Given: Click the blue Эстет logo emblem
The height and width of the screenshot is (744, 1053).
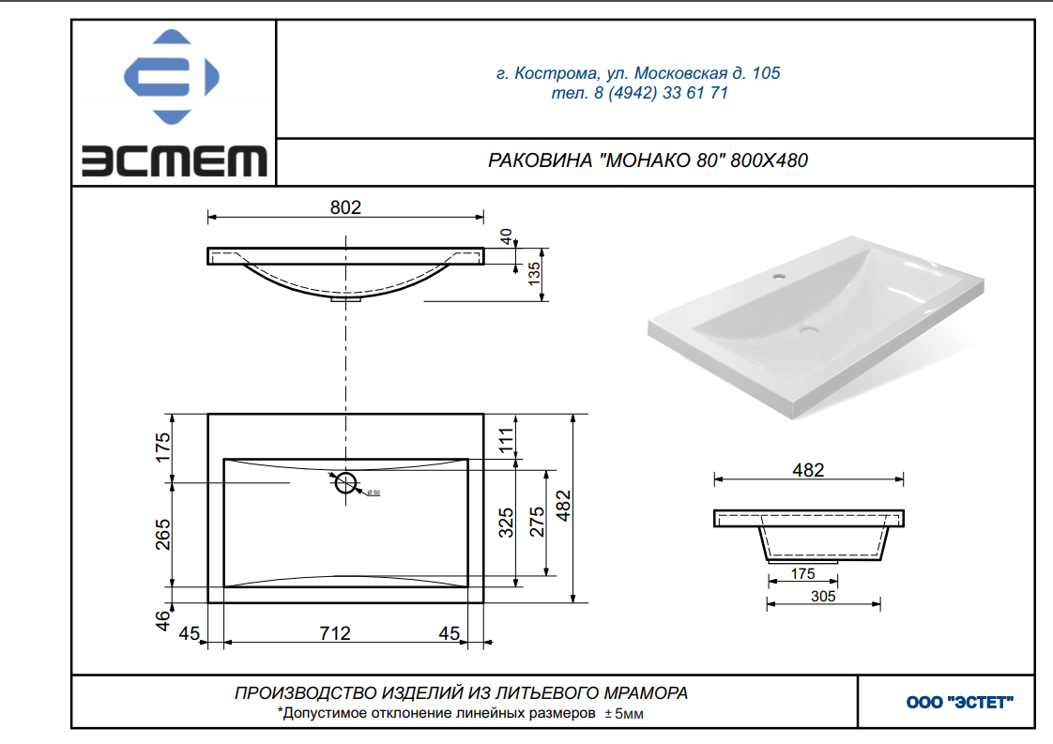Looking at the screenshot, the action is [x=171, y=77].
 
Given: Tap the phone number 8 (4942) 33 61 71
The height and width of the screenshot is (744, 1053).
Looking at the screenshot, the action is [x=661, y=93].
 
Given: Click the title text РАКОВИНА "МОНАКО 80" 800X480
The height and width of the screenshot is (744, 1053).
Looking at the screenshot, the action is [x=648, y=160].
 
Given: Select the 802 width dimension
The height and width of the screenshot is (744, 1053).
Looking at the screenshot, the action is [x=345, y=207].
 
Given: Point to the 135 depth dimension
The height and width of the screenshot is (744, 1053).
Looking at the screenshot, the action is [x=534, y=273].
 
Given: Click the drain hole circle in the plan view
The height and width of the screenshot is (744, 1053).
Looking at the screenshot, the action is [x=346, y=482].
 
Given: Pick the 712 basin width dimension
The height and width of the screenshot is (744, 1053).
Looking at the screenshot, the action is [x=334, y=633].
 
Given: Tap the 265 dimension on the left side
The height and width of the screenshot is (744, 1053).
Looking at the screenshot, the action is [x=162, y=535].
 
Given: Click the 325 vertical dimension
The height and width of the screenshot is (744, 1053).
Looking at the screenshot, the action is [x=506, y=523].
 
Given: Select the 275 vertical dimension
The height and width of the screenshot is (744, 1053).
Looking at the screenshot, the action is [x=537, y=523].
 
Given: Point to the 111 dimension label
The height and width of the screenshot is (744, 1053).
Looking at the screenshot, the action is [x=506, y=440].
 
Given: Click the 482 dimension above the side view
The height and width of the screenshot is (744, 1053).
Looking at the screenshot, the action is [x=808, y=470].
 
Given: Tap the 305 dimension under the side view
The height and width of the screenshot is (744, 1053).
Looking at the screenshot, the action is [x=823, y=597].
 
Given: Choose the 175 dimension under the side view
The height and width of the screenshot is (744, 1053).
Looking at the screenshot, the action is [x=802, y=574].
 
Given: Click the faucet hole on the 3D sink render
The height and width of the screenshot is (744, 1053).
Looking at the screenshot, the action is [x=780, y=276].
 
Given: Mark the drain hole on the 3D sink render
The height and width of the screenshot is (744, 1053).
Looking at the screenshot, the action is [x=809, y=330].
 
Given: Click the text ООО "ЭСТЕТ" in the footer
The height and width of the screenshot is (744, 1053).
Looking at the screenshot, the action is [x=960, y=703].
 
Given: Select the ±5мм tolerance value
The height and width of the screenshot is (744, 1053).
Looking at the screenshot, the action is [x=624, y=714].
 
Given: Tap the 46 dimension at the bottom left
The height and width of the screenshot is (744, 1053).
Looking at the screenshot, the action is [x=163, y=620].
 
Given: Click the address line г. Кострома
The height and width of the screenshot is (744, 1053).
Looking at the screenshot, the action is [x=638, y=73].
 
